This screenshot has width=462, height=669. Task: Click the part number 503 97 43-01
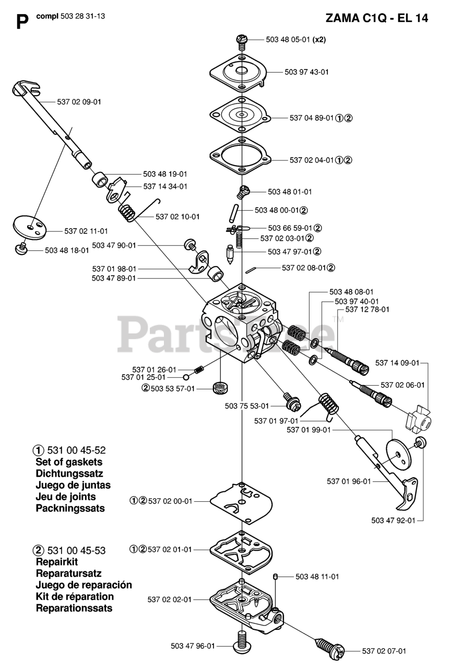307,72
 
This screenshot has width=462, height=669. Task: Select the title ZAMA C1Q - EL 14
377,18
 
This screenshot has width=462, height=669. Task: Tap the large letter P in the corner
22,22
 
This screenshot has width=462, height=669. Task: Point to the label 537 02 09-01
79,102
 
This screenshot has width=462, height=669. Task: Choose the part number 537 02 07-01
384,651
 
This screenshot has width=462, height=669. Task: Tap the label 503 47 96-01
193,646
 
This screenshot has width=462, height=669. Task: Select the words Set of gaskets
69,462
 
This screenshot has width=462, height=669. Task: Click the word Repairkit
57,562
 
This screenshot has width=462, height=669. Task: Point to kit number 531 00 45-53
76,550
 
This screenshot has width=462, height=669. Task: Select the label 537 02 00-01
170,501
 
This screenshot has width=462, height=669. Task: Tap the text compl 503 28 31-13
71,16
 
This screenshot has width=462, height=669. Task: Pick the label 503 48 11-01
317,576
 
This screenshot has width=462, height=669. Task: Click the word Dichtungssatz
69,474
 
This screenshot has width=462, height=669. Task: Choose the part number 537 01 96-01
349,481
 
